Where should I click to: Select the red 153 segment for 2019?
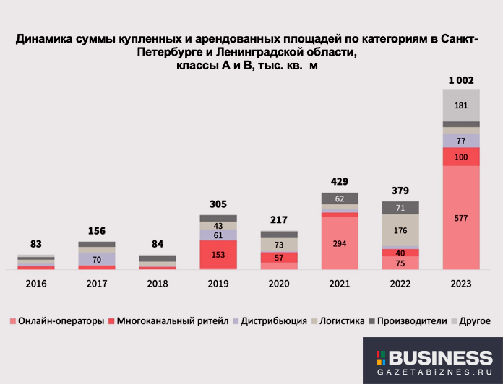coord(218,255)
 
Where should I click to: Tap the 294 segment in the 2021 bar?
coord(340,243)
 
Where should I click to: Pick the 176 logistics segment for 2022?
coord(400,231)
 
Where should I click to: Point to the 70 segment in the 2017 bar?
coord(97,258)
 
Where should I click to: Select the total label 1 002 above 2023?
coord(460,80)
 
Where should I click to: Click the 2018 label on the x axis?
coord(158,284)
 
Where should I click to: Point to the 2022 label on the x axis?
coord(400,284)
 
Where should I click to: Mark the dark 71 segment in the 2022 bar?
coord(400,208)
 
